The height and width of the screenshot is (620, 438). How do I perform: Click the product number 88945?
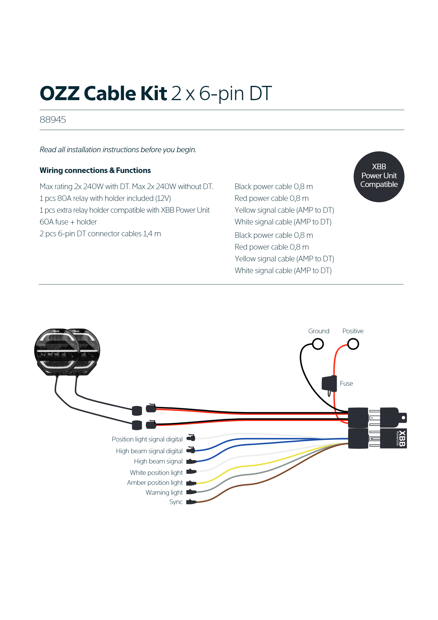(x=53, y=120)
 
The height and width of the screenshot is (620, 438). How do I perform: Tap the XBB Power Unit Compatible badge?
(x=379, y=177)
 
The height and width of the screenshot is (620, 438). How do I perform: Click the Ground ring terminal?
(x=318, y=344)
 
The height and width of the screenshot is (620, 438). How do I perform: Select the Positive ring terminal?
(x=353, y=344)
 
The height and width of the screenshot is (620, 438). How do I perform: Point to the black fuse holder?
(x=329, y=384)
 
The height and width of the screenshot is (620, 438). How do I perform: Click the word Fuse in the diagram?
(x=346, y=383)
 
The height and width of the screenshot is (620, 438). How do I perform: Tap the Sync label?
(x=176, y=502)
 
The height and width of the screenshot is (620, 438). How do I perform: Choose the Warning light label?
(x=164, y=493)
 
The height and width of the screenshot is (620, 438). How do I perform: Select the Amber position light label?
(x=155, y=483)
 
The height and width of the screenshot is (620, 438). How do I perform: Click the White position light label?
(x=156, y=473)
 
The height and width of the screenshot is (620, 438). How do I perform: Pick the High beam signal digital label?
(x=149, y=451)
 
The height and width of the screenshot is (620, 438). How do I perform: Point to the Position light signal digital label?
(x=147, y=439)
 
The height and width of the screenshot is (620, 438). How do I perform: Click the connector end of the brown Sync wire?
(x=191, y=502)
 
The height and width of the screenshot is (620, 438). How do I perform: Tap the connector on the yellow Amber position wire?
(x=191, y=483)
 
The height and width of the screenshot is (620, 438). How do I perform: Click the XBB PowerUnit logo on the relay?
(x=401, y=438)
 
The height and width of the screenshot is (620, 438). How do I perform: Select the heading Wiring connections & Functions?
(x=95, y=170)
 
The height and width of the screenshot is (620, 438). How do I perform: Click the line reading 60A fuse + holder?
(x=68, y=222)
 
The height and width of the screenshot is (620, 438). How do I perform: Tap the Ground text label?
(x=318, y=331)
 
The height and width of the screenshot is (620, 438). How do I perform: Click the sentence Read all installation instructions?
(x=118, y=150)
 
